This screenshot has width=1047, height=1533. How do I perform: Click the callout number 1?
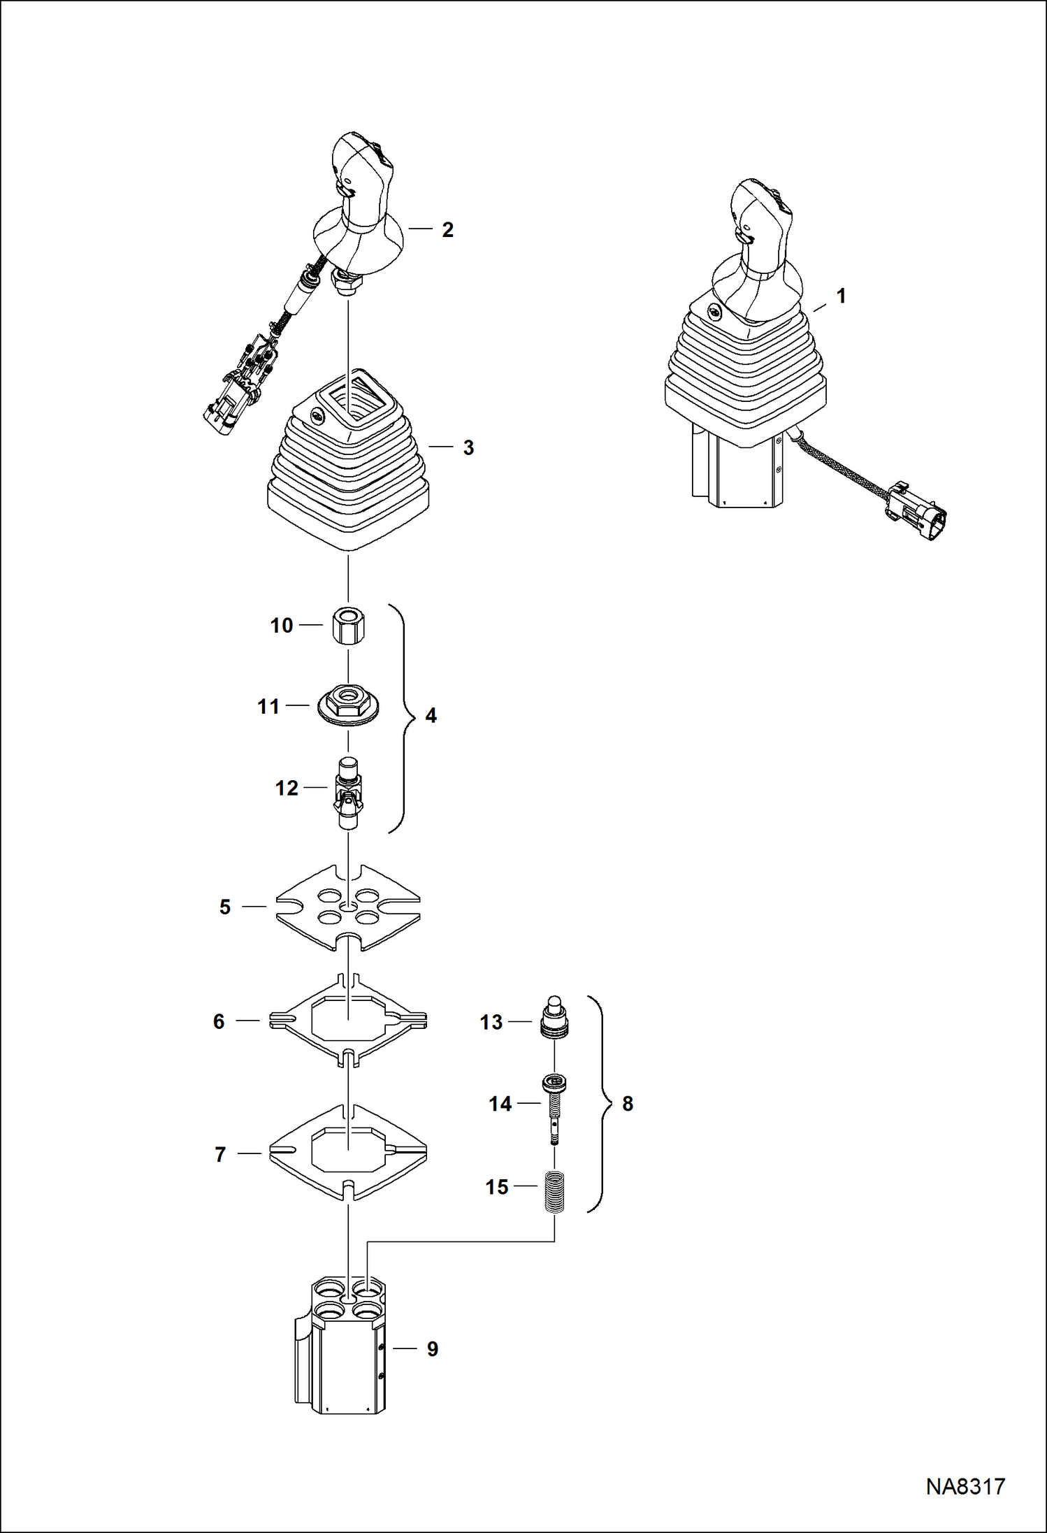(842, 296)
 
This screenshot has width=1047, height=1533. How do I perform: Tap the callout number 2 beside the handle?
(448, 230)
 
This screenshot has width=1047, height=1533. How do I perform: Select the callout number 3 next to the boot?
(468, 448)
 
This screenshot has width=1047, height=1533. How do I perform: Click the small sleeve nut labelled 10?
(348, 624)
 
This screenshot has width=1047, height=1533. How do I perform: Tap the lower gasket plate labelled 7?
(348, 1153)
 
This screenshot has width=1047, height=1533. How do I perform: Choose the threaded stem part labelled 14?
(554, 1104)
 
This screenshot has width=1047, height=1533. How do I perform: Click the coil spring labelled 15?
(554, 1187)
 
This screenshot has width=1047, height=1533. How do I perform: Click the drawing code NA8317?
(965, 1486)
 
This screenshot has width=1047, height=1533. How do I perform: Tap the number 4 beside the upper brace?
(431, 715)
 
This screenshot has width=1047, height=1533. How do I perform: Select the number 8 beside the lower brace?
(628, 1104)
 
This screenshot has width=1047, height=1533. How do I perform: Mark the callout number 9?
(433, 1349)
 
